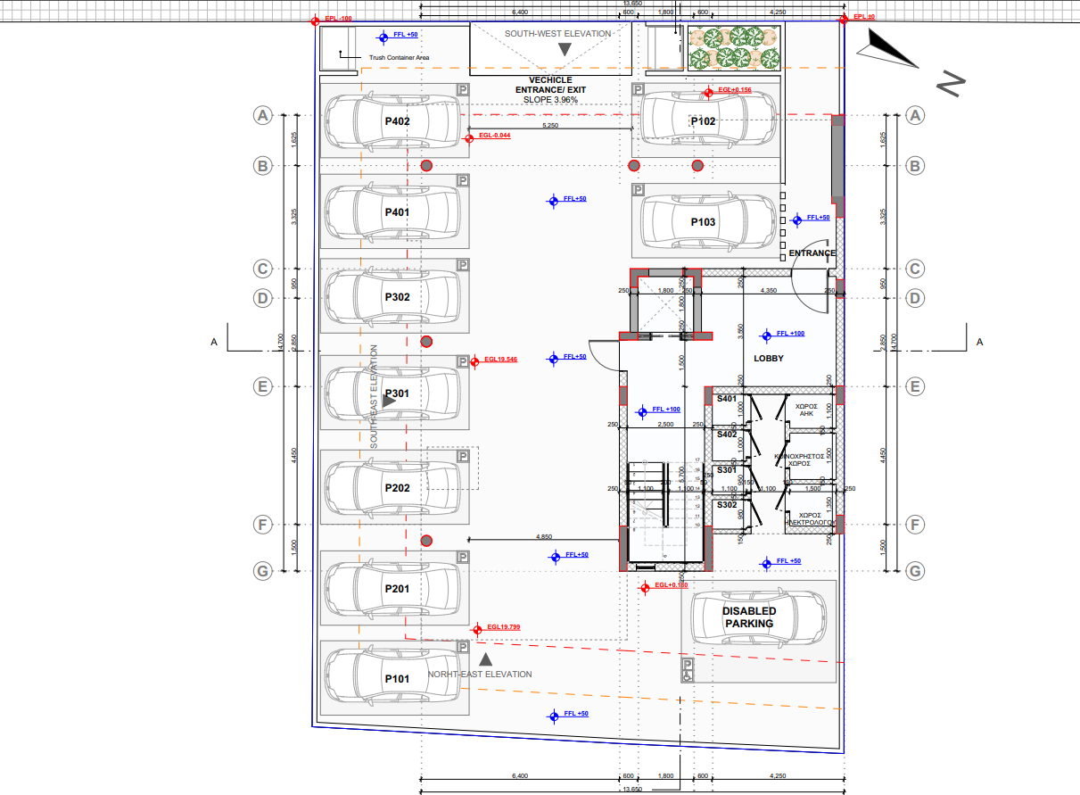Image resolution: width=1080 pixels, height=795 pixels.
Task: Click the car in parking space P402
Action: pyautogui.click(x=393, y=120)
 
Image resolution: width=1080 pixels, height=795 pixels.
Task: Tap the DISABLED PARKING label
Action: pyautogui.click(x=749, y=617)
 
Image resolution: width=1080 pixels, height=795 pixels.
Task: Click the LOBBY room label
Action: pyautogui.click(x=768, y=359)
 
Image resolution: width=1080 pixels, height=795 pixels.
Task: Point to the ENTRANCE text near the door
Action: pyautogui.click(x=812, y=253)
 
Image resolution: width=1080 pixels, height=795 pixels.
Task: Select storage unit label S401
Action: pyautogui.click(x=727, y=399)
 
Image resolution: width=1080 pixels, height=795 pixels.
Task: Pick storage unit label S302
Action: pyautogui.click(x=727, y=505)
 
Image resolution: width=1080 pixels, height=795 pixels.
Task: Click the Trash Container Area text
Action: pyautogui.click(x=400, y=58)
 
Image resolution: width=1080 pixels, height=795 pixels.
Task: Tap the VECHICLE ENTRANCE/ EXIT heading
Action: pyautogui.click(x=550, y=89)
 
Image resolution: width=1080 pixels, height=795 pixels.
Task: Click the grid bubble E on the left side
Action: pyautogui.click(x=262, y=386)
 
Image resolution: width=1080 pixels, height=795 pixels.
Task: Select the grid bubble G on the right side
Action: pyautogui.click(x=914, y=570)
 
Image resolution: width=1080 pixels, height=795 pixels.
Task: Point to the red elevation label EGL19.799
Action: pyautogui.click(x=503, y=627)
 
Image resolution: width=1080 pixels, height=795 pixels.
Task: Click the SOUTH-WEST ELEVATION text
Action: pyautogui.click(x=557, y=34)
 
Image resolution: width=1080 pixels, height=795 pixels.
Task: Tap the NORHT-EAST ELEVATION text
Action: pyautogui.click(x=480, y=675)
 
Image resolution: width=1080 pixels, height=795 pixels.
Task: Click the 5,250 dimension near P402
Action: pyautogui.click(x=550, y=126)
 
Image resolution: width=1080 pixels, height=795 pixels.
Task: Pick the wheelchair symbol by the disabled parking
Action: pyautogui.click(x=688, y=670)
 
